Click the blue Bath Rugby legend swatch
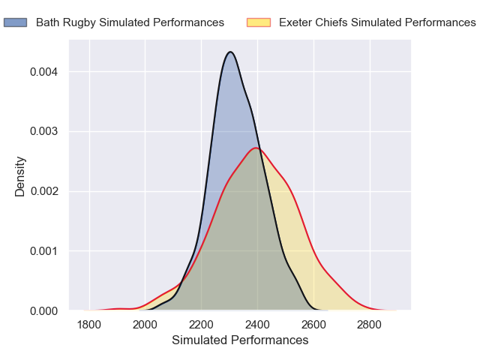(x=15, y=22)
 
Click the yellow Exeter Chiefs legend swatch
(x=258, y=22)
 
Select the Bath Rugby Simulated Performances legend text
(x=130, y=22)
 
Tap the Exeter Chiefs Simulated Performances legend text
(x=376, y=22)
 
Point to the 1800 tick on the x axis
(x=89, y=325)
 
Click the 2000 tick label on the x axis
(x=145, y=325)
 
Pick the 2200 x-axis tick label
(x=201, y=325)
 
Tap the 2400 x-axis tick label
(x=257, y=325)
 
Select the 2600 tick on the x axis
(x=313, y=325)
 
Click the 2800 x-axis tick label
(x=369, y=325)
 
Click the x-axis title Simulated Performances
(x=240, y=340)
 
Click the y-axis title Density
(x=20, y=175)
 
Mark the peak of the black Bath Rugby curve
(x=230, y=52)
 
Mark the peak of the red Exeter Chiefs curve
(x=256, y=148)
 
